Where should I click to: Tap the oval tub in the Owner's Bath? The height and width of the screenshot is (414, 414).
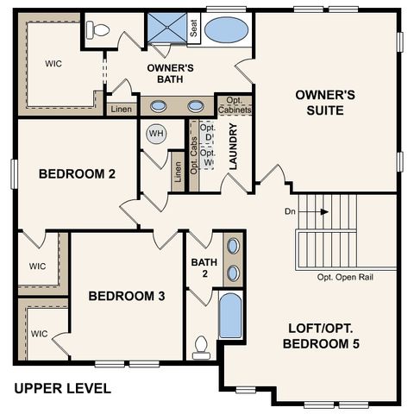(x=227, y=28)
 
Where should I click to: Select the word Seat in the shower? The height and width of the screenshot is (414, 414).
(x=194, y=28)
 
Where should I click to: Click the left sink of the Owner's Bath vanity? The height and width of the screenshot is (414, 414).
(x=160, y=107)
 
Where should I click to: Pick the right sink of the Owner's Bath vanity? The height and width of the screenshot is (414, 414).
(x=197, y=107)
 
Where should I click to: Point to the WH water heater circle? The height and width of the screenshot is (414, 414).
(x=156, y=134)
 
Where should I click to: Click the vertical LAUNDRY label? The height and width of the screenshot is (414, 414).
(x=233, y=147)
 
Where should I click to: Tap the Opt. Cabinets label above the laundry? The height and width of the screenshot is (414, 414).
(x=234, y=105)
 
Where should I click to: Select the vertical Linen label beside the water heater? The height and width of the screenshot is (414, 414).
(x=178, y=172)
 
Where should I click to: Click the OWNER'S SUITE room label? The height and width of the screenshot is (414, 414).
(x=319, y=103)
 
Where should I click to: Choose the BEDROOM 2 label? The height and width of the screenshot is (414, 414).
(x=78, y=173)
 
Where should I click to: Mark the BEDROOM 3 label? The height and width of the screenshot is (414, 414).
(x=127, y=296)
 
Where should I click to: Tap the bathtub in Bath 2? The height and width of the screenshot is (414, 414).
(x=230, y=317)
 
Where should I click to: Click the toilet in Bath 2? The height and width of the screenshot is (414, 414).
(x=202, y=346)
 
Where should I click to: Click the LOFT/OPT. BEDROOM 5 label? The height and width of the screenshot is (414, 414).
(x=321, y=336)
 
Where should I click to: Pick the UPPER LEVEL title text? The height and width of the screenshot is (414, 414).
(x=62, y=388)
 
